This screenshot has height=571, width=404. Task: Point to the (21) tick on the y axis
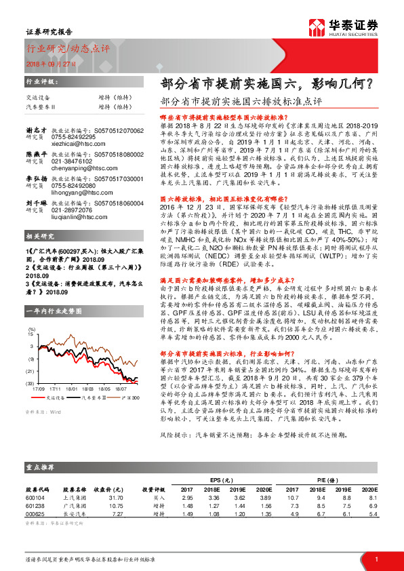pyautogui.click(x=31, y=372)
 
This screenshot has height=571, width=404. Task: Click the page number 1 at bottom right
pyautogui.click(x=376, y=558)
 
